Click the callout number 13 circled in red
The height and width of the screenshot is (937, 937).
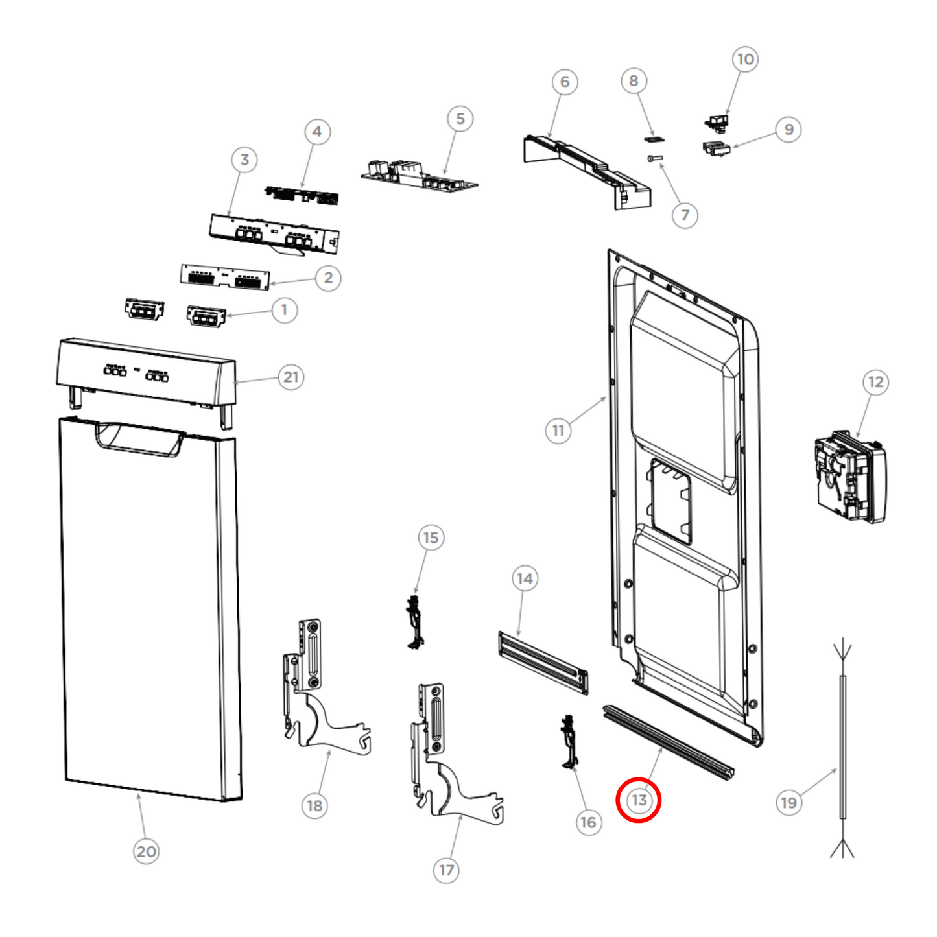pyautogui.click(x=639, y=800)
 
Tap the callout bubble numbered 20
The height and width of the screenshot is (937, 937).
pyautogui.click(x=146, y=851)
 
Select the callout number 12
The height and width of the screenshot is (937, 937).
pyautogui.click(x=875, y=382)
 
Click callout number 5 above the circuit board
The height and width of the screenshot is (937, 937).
pyautogui.click(x=460, y=119)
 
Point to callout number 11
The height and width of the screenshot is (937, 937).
pyautogui.click(x=558, y=430)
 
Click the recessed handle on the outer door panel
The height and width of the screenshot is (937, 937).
pyautogui.click(x=139, y=439)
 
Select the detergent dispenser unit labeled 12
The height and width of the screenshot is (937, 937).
pyautogui.click(x=849, y=478)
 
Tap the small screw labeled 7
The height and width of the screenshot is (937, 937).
pyautogui.click(x=654, y=158)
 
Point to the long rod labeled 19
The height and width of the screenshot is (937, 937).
pyautogui.click(x=842, y=746)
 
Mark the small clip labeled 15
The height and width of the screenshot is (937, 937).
pyautogui.click(x=414, y=623)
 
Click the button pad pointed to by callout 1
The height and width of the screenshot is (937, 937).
pyautogui.click(x=206, y=317)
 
